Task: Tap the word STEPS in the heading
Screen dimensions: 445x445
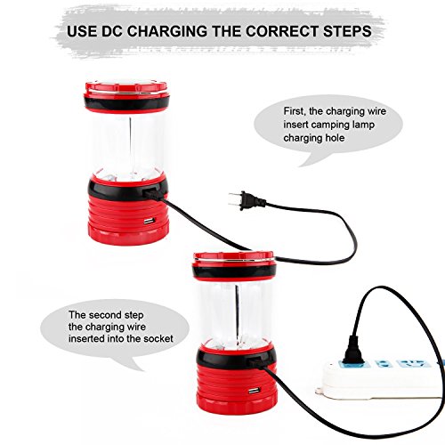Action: click(347, 31)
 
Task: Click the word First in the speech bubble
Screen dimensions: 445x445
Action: click(295, 111)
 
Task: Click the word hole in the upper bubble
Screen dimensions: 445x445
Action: click(334, 138)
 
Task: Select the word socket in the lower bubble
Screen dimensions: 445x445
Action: click(158, 338)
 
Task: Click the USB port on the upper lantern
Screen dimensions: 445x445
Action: click(150, 222)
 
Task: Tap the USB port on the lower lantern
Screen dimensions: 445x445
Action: click(253, 392)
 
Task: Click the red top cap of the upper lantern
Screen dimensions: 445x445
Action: click(126, 88)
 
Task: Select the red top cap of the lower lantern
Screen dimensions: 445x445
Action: click(233, 258)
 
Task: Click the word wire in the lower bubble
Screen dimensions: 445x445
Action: click(135, 327)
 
